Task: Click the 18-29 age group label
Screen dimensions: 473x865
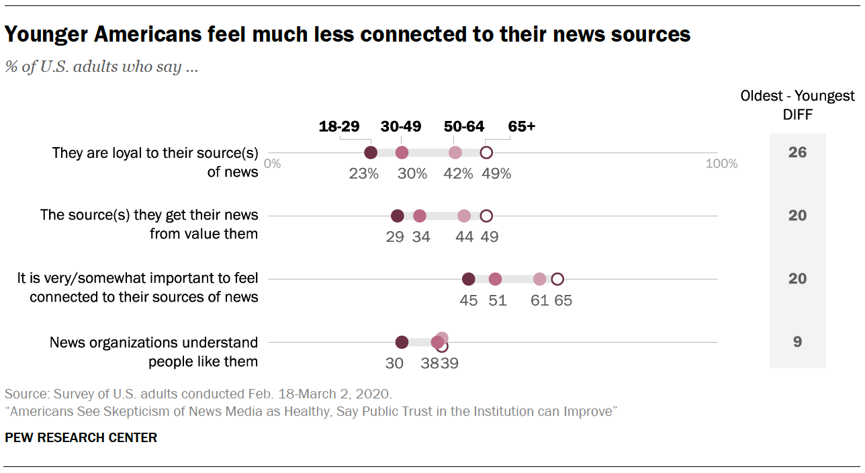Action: [x=339, y=126]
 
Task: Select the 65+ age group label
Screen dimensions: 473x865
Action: [x=522, y=126]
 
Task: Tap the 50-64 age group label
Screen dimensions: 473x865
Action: [x=465, y=126]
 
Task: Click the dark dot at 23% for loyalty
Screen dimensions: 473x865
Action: [x=370, y=153]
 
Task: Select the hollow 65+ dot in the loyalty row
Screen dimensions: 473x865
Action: [x=486, y=153]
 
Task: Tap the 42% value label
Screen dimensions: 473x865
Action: [x=459, y=173]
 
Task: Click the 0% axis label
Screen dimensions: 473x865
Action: [x=272, y=163]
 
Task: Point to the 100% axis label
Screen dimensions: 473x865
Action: [x=721, y=163]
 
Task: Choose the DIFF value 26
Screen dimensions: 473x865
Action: [x=797, y=153]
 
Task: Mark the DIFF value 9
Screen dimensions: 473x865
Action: [x=797, y=342]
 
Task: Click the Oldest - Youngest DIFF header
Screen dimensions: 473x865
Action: [x=797, y=105]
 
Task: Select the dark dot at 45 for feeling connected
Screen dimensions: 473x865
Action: [x=469, y=279]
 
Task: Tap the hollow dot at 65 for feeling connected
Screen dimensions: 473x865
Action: [x=557, y=279]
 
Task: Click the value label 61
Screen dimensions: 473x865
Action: [x=540, y=300]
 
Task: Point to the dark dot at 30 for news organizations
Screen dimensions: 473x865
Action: [x=402, y=342]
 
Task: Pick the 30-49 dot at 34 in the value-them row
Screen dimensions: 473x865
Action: [x=420, y=216]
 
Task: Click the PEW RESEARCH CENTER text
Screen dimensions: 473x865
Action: [x=81, y=438]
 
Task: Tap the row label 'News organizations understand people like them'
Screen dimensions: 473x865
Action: [x=154, y=352]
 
